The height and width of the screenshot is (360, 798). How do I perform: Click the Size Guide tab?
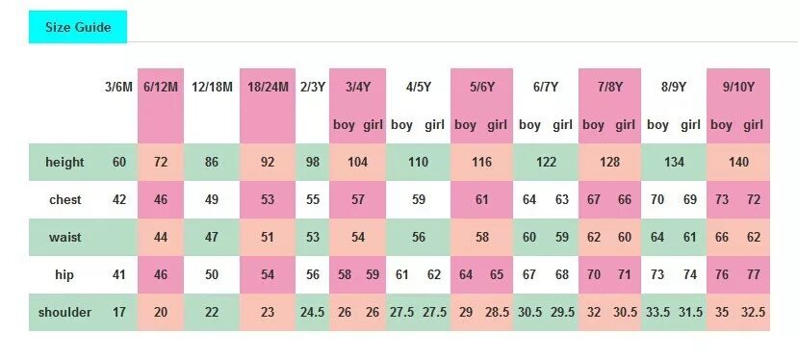click(78, 27)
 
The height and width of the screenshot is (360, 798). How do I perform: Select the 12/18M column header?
click(212, 87)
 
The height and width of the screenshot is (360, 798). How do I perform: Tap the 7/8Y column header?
click(609, 87)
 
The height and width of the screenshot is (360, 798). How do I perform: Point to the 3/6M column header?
click(119, 87)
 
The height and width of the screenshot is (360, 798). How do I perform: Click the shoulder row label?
click(65, 313)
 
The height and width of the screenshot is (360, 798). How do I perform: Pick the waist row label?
click(65, 238)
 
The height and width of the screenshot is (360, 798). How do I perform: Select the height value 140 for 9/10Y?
click(738, 162)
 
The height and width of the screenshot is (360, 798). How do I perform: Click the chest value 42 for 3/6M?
click(119, 200)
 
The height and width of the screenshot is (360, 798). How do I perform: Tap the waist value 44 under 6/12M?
click(161, 238)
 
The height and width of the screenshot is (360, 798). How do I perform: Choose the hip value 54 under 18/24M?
click(268, 275)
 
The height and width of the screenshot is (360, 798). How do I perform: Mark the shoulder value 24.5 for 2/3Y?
click(312, 313)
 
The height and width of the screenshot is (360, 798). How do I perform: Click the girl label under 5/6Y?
click(497, 125)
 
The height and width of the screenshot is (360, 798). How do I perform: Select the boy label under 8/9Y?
click(657, 125)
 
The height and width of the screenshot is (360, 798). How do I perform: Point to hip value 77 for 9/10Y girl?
click(754, 275)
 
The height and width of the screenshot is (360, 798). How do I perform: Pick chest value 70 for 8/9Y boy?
click(657, 200)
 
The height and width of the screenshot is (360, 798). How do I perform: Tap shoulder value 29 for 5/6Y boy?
click(465, 313)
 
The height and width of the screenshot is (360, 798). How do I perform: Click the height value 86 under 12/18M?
click(212, 162)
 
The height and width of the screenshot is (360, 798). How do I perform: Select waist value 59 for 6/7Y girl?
click(561, 238)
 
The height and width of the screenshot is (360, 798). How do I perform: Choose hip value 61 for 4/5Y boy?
click(401, 275)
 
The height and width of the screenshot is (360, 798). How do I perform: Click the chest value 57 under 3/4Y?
click(358, 200)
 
